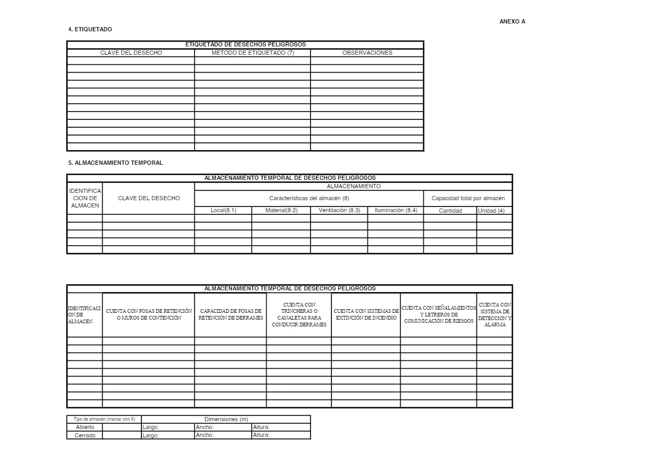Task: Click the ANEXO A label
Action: point(512,22)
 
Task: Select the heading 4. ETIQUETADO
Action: point(90,30)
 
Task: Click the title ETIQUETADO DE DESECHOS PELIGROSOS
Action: point(245,45)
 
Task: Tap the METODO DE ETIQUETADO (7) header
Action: point(253,53)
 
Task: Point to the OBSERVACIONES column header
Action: point(367,53)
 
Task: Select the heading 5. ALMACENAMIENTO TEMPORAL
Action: point(115,163)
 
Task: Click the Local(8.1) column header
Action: point(223,211)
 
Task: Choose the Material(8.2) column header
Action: point(281,211)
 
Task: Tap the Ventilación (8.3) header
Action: point(339,211)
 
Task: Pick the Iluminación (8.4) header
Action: point(396,211)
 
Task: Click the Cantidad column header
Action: point(450,211)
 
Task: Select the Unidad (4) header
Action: point(491,211)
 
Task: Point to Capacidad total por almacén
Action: point(468,199)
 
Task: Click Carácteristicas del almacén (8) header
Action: point(309,199)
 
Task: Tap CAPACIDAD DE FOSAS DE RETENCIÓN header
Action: point(230,315)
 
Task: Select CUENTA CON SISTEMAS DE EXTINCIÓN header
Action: point(366,315)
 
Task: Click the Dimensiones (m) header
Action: point(226,420)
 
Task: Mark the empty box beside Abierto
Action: point(122,427)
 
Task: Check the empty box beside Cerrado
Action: point(122,435)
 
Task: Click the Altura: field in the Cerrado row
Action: point(281,435)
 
